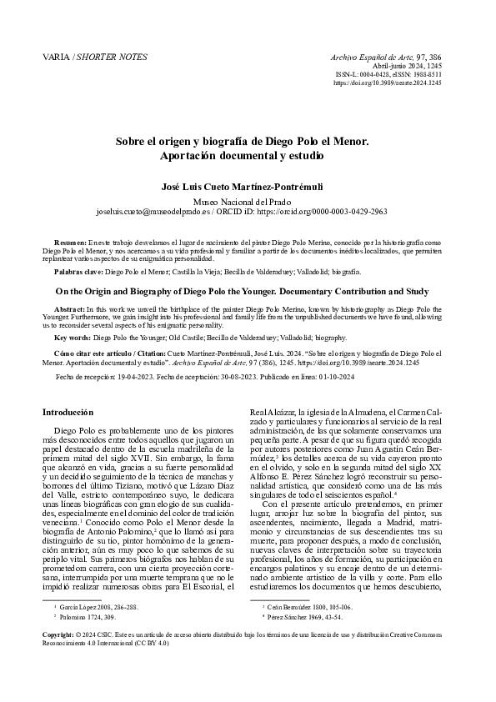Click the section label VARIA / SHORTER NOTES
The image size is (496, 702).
coord(94,57)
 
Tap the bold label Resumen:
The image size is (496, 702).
coord(69,242)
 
